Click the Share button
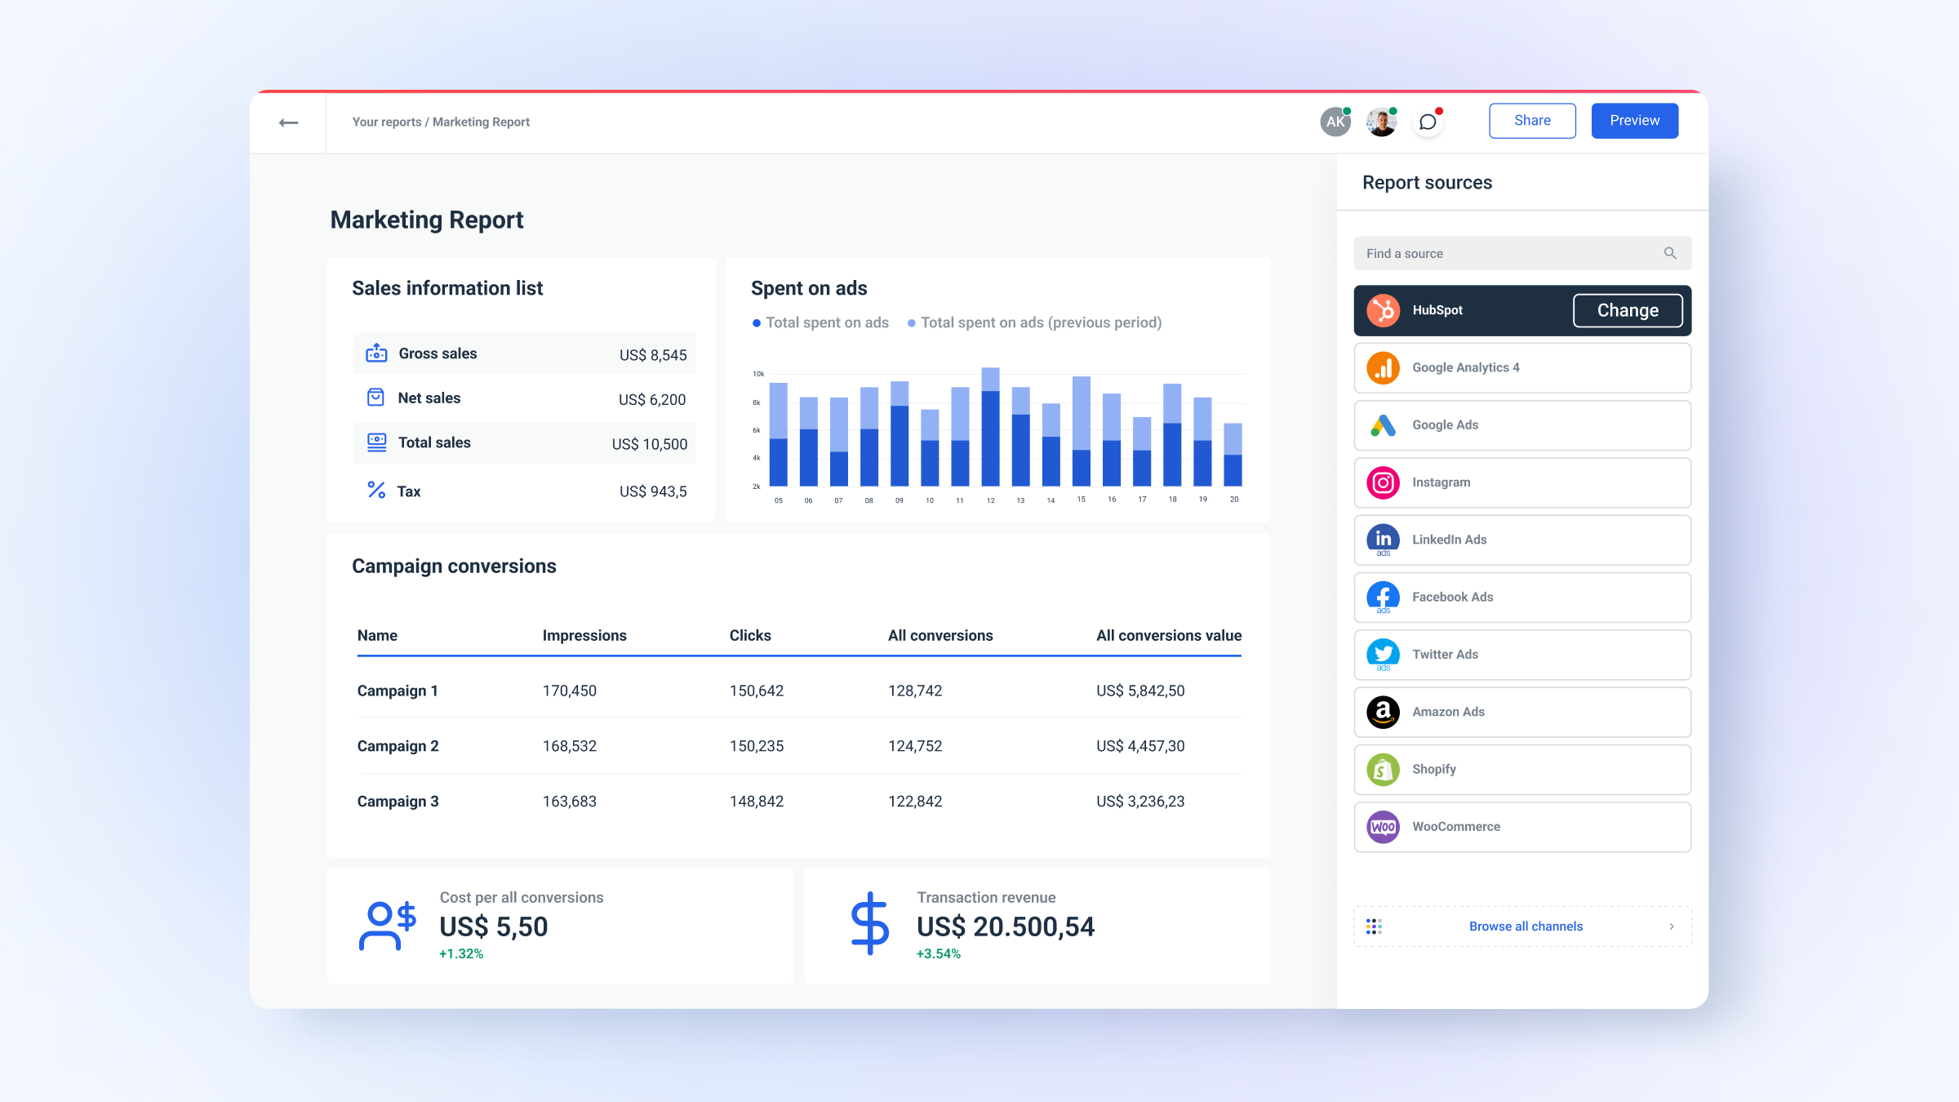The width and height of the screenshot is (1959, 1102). tap(1532, 121)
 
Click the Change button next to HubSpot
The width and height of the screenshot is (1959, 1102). tap(1627, 310)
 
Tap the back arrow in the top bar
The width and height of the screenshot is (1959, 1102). tap(288, 122)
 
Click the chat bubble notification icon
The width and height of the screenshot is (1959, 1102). tap(1428, 122)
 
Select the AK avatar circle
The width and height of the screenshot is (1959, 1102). tap(1335, 122)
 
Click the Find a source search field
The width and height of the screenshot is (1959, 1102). tap(1510, 254)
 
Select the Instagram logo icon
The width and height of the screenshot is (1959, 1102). tap(1383, 482)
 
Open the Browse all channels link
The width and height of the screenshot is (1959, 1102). tap(1525, 926)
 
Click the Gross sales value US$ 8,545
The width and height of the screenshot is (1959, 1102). tap(653, 355)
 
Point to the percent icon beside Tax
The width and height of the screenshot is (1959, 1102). tap(376, 491)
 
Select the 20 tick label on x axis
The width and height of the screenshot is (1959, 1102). tap(1233, 500)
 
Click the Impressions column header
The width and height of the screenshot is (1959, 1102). tap(584, 636)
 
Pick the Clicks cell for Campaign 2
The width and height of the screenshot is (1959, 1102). tap(757, 746)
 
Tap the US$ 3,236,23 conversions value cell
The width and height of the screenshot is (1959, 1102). tap(1140, 802)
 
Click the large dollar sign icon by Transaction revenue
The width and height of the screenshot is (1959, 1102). tap(869, 924)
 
